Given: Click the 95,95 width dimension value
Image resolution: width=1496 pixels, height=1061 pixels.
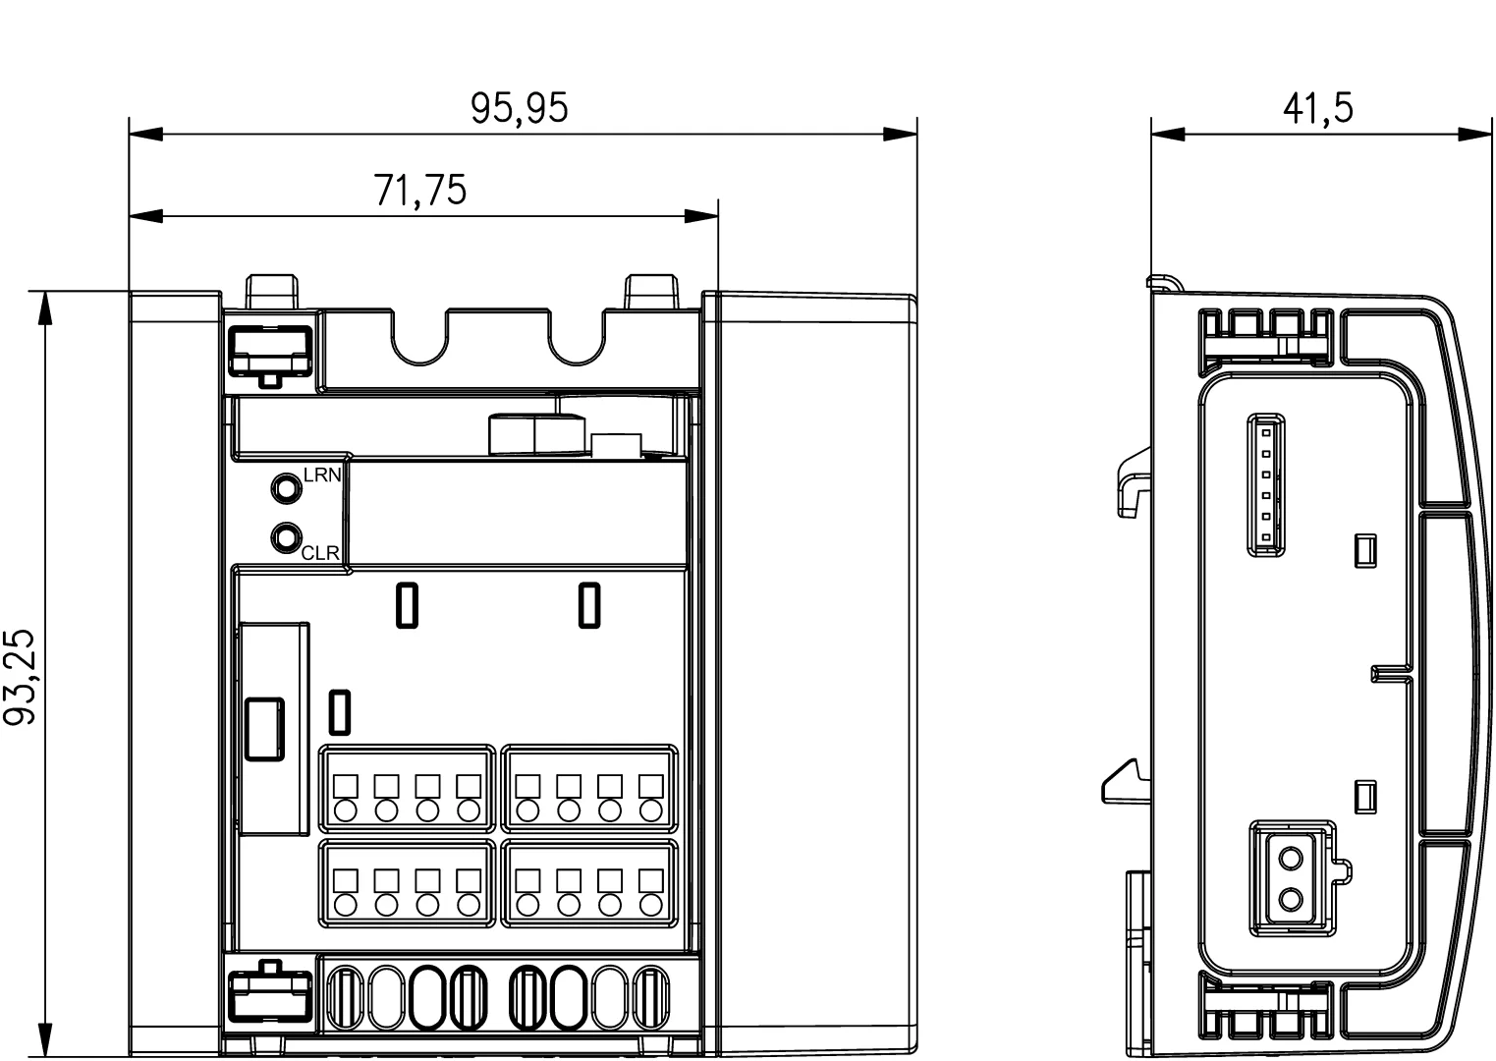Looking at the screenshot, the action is (x=519, y=107).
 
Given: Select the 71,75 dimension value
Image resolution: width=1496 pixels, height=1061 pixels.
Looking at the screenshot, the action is (x=420, y=190).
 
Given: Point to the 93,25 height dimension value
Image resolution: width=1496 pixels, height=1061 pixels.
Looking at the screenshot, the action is (x=19, y=677).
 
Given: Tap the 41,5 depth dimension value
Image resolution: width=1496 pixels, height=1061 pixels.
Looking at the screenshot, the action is (x=1317, y=108).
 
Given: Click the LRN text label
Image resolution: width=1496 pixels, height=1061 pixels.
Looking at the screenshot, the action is (x=322, y=475).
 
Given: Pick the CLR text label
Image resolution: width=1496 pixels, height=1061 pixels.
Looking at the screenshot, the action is (x=320, y=553).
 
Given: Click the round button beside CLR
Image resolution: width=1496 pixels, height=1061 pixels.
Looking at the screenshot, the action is (x=286, y=537).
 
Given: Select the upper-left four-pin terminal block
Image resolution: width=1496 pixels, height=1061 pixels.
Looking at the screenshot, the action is (x=407, y=789).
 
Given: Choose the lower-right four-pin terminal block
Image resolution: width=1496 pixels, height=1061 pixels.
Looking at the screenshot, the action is (x=589, y=883).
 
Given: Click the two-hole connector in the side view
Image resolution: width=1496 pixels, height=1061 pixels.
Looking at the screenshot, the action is (x=1292, y=878).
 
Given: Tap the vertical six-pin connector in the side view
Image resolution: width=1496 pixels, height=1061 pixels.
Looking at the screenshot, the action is (x=1265, y=485).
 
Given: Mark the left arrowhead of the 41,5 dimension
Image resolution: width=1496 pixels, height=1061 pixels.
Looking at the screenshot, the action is (x=1167, y=135).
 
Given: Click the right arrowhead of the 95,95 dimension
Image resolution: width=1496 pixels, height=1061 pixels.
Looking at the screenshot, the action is (x=901, y=135).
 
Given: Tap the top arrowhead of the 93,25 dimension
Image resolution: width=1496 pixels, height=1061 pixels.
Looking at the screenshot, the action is (x=45, y=308).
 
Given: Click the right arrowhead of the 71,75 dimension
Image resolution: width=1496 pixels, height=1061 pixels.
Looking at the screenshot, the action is (x=701, y=216).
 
